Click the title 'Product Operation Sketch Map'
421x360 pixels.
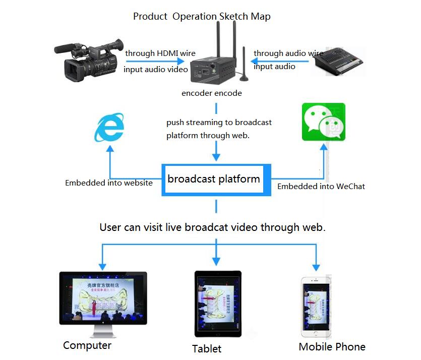[202, 16]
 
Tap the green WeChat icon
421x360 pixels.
[323, 122]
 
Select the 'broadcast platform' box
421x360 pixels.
[216, 179]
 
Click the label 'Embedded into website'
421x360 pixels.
[109, 183]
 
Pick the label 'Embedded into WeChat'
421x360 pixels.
[321, 187]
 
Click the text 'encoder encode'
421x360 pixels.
[212, 93]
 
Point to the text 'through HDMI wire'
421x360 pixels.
[160, 53]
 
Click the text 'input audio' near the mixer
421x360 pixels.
[274, 67]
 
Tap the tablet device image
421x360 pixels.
[217, 304]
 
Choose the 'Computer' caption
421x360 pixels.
[87, 346]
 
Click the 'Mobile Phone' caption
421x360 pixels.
[332, 347]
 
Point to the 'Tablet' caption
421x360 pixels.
[207, 349]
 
